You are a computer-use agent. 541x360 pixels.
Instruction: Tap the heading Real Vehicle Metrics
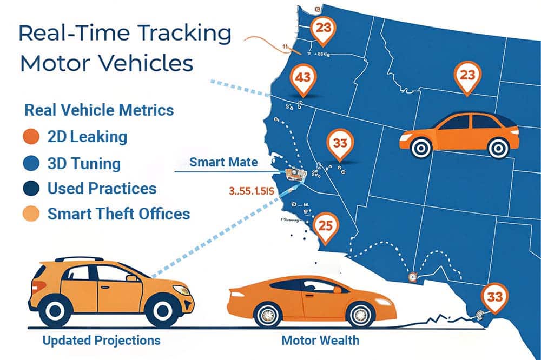tap(100, 110)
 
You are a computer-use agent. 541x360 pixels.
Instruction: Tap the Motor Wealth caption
tap(320, 341)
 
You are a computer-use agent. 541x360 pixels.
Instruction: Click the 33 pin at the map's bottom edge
tap(494, 298)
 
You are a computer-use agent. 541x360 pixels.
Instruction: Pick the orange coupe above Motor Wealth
tap(311, 303)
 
